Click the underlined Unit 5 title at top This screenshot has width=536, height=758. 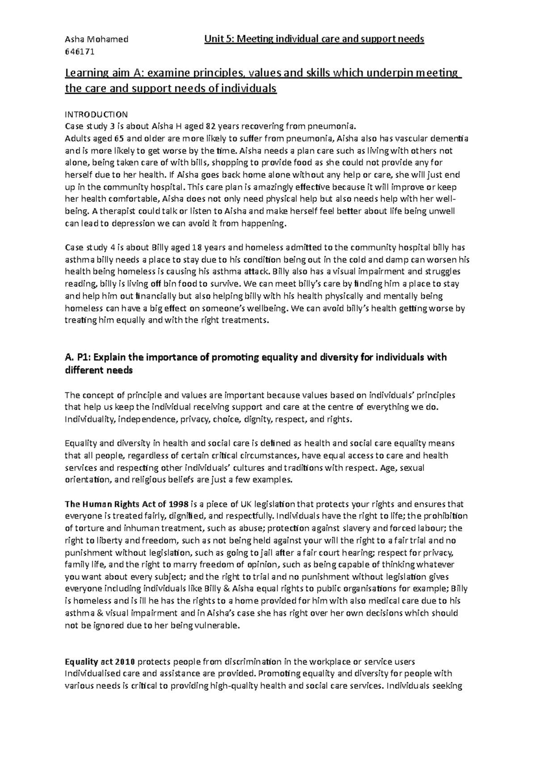coord(314,39)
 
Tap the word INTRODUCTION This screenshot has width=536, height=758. coord(96,114)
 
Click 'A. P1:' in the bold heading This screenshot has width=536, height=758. coord(79,358)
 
